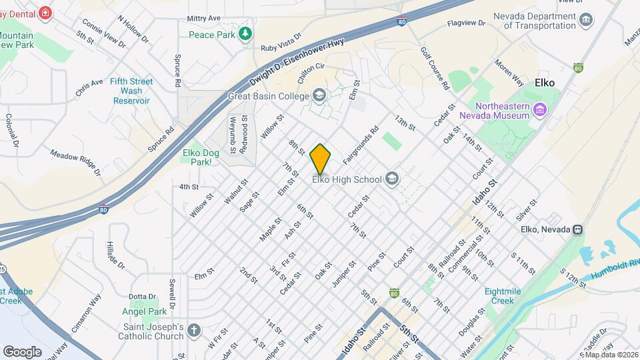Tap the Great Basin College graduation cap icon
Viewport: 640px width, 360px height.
point(319,95)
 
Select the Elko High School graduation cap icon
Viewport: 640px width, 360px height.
point(392,179)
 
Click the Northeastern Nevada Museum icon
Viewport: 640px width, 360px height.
point(539,108)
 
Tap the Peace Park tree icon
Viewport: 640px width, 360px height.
point(246,33)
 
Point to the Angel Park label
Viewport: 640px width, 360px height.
point(145,311)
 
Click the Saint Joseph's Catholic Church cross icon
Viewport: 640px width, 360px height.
point(193,331)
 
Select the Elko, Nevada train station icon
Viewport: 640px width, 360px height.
point(578,229)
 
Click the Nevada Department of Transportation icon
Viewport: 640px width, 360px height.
point(587,20)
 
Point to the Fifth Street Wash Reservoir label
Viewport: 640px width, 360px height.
point(131,91)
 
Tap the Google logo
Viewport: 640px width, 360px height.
point(22,351)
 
